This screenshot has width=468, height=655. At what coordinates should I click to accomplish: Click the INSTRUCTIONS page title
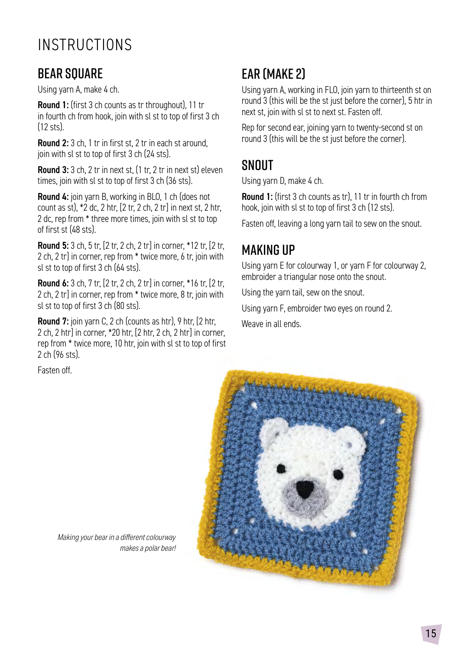pos(85,45)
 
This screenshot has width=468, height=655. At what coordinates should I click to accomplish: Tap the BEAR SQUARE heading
pos(70,74)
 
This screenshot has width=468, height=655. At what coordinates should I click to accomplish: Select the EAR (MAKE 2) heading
pos(273,74)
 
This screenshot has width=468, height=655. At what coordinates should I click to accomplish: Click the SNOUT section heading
pos(257,165)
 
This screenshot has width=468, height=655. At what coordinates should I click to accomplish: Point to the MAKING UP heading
pos(268,250)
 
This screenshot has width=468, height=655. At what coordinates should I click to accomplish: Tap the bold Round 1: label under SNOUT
pos(257,197)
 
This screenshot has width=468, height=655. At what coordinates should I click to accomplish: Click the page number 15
pos(431,634)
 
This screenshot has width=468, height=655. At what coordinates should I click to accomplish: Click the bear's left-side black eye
pos(281,469)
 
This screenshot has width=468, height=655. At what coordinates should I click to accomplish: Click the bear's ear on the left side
pos(273,433)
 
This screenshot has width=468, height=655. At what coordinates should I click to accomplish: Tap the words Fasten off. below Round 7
pos(55,370)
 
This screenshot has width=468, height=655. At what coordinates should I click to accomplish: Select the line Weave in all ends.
pos(271,324)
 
